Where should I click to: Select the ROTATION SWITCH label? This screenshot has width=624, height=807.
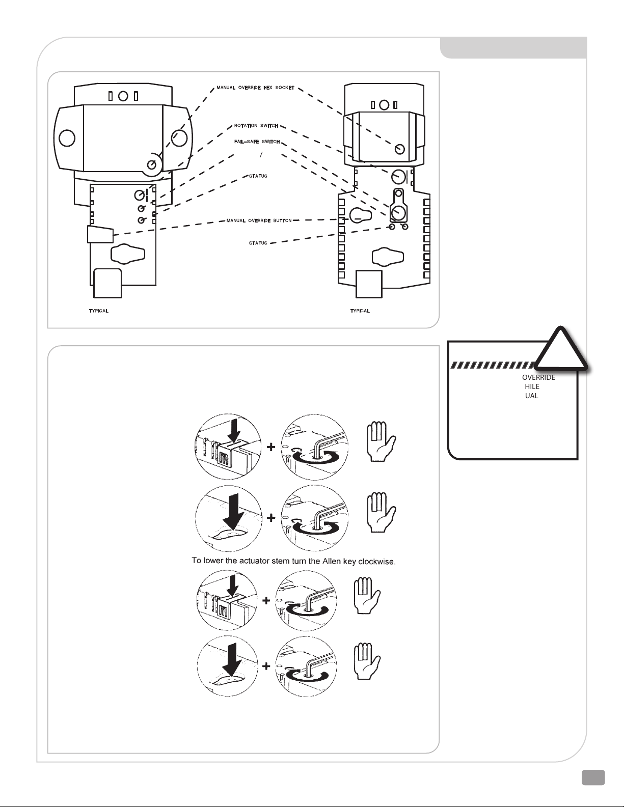[x=256, y=126]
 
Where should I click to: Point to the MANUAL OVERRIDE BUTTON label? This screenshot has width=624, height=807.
[x=259, y=221]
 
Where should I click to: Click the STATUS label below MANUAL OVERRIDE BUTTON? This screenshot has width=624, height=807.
[x=258, y=243]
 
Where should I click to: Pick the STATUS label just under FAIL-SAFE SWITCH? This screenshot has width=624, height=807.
[x=258, y=176]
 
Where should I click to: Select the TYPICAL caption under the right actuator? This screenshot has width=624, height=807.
[x=360, y=311]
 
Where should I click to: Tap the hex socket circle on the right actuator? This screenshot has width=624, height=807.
[x=400, y=149]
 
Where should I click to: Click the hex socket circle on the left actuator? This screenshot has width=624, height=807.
[x=151, y=165]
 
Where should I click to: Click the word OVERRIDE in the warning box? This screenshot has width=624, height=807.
[x=538, y=378]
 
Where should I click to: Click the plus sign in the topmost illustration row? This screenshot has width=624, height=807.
[x=272, y=448]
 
